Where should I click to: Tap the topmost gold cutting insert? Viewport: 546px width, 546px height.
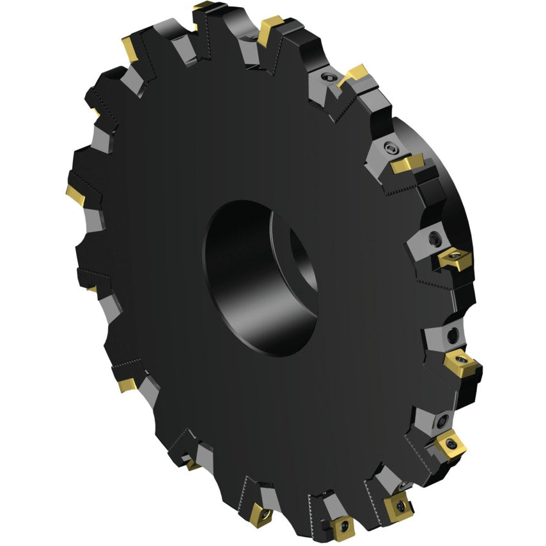(208, 8)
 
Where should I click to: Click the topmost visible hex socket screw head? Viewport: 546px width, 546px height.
(326, 78)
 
